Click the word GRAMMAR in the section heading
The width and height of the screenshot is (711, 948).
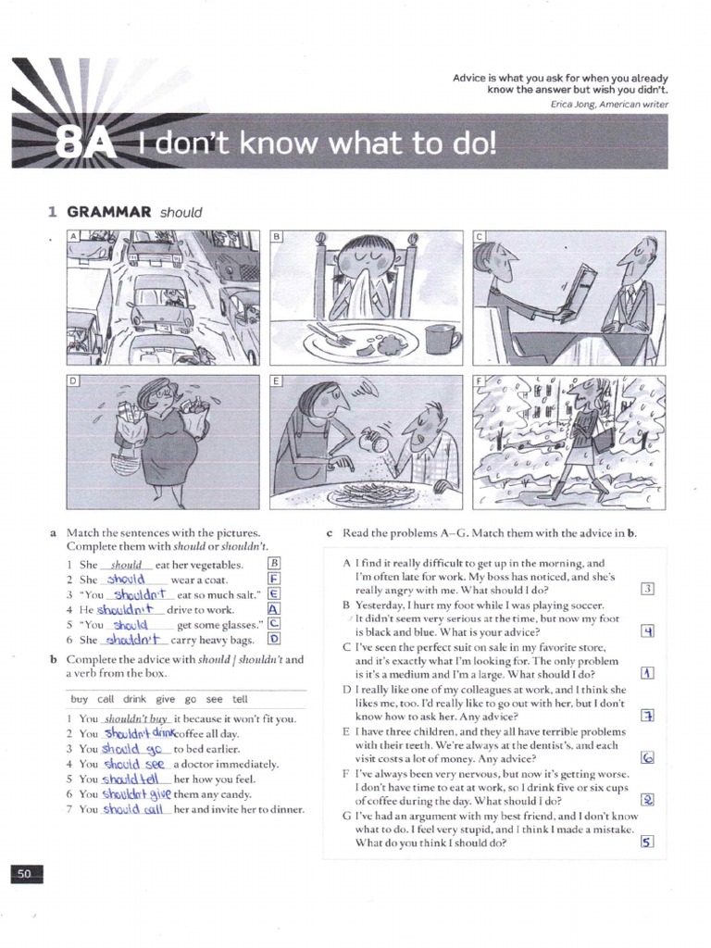(109, 212)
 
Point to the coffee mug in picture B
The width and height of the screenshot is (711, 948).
(442, 338)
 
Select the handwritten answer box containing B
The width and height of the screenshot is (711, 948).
(273, 563)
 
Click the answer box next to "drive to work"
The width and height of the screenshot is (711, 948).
(273, 609)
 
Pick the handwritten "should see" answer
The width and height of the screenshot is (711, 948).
(135, 764)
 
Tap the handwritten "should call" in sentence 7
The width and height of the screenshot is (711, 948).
(134, 809)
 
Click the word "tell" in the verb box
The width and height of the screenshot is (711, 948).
(240, 700)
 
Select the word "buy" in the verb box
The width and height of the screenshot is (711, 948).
(79, 700)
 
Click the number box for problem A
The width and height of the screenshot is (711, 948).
(648, 589)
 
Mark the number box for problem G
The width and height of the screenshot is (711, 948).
(648, 842)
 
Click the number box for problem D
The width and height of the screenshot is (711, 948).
(648, 715)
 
